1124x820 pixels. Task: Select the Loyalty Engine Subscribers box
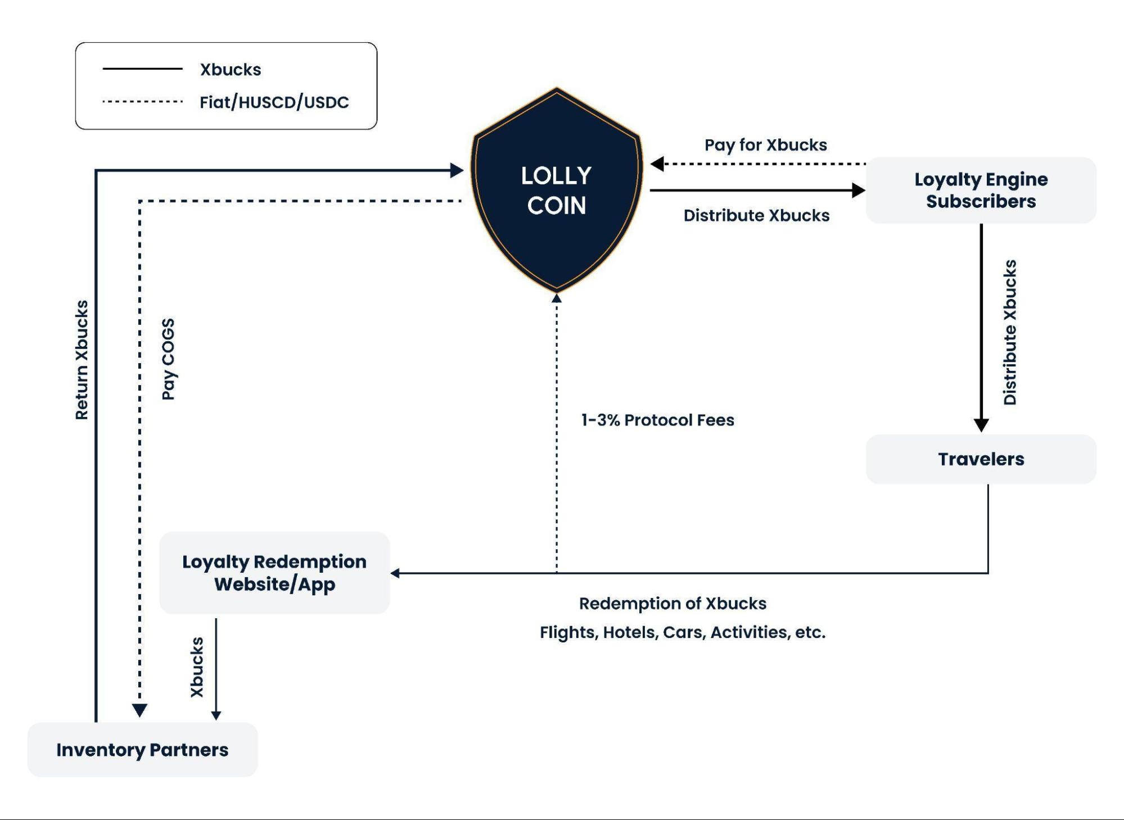[981, 190]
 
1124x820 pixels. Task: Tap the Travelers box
[981, 459]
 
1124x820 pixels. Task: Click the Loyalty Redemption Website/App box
[274, 572]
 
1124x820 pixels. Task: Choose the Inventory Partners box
[142, 749]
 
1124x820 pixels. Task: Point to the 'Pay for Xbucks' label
[765, 145]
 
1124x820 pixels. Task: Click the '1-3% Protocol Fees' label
[657, 420]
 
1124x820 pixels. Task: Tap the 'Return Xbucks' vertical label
[82, 360]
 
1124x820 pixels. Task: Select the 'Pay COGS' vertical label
[168, 359]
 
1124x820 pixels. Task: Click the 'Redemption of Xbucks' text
[672, 603]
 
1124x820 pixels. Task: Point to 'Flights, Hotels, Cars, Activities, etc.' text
[682, 632]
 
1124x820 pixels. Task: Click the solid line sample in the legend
[142, 69]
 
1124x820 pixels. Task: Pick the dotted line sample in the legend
[142, 102]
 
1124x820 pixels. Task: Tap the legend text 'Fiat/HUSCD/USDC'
[274, 102]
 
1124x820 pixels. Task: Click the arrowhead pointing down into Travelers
[981, 425]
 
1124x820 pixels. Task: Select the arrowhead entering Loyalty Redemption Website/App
[395, 573]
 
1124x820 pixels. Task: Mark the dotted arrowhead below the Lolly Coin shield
[557, 298]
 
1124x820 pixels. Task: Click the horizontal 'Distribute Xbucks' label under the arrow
[756, 215]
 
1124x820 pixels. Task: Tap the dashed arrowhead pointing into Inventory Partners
[139, 710]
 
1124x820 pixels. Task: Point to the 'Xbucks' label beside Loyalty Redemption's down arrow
[197, 667]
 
